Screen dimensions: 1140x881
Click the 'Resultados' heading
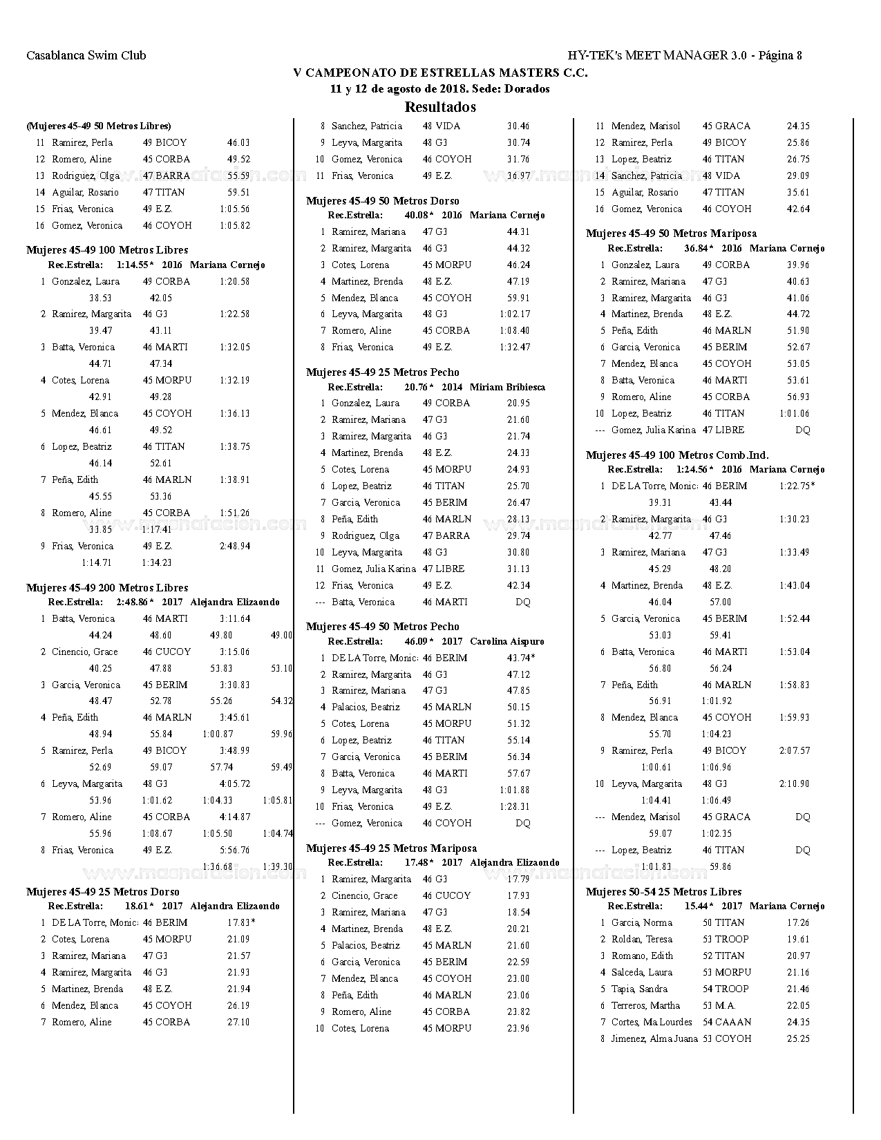click(440, 107)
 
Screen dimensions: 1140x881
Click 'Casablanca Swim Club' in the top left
click(86, 55)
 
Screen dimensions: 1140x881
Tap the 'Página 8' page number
click(780, 55)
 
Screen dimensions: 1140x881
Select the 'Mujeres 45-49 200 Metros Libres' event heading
click(107, 588)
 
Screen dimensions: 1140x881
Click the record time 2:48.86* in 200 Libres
click(135, 602)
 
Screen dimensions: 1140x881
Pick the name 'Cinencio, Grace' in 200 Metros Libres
click(85, 652)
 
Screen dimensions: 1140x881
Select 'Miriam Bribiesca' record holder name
click(507, 387)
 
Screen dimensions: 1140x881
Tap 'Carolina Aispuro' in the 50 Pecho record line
click(507, 641)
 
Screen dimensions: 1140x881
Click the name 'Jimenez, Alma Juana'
click(654, 1038)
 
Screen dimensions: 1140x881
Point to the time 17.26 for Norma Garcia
click(798, 922)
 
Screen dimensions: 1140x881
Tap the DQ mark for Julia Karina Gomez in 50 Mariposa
click(802, 430)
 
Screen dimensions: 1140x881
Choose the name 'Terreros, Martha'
click(645, 1005)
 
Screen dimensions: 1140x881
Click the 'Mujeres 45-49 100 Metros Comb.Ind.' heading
click(677, 455)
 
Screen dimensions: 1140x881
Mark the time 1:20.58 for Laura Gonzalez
click(235, 281)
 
